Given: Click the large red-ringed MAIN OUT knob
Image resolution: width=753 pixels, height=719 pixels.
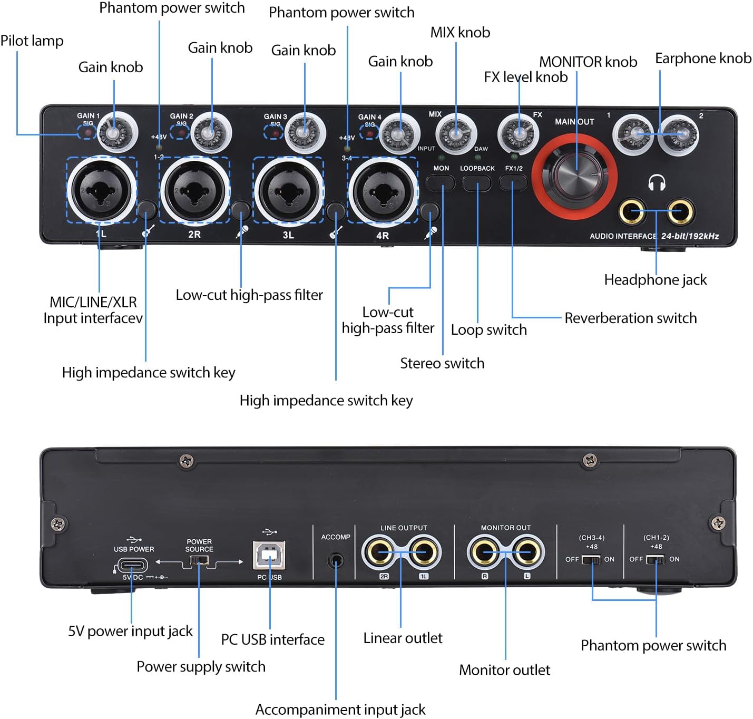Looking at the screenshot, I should pos(574,176).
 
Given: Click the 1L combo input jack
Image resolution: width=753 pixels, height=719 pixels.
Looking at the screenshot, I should pos(101,190).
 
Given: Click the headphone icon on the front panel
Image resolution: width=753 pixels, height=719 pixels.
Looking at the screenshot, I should pos(657,183).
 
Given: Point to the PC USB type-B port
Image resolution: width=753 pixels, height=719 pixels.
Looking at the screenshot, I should pos(269,555).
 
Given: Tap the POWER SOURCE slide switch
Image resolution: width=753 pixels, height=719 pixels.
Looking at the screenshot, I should pos(199,562).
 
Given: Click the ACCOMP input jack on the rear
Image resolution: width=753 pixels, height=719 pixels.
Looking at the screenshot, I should pos(336,560).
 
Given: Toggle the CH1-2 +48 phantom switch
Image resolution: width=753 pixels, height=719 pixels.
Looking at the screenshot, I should pos(655,559).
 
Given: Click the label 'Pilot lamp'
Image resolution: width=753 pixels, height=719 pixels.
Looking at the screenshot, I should pos(32,41).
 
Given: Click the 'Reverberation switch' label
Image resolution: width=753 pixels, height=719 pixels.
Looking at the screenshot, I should pos(630,318).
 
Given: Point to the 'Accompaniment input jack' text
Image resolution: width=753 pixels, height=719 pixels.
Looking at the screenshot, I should pos(340,710).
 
